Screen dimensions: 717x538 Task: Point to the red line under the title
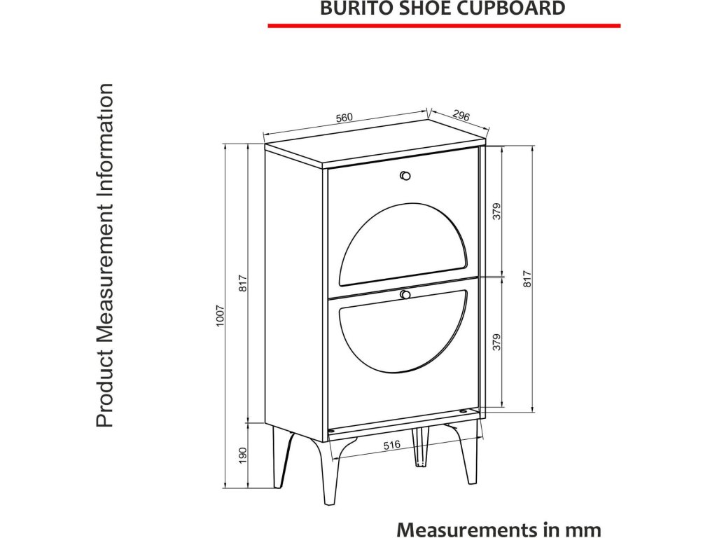tap(444, 25)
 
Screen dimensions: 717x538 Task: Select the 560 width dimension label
tap(344, 118)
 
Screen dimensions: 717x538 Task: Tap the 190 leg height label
tap(243, 455)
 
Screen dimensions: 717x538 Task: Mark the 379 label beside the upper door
tap(496, 211)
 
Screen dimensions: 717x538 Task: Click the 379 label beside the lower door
tap(496, 342)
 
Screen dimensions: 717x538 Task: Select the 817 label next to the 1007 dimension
tap(243, 282)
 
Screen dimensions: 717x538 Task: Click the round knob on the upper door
tap(405, 175)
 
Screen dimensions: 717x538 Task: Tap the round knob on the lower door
tap(405, 295)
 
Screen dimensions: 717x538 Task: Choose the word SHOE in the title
tap(420, 8)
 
